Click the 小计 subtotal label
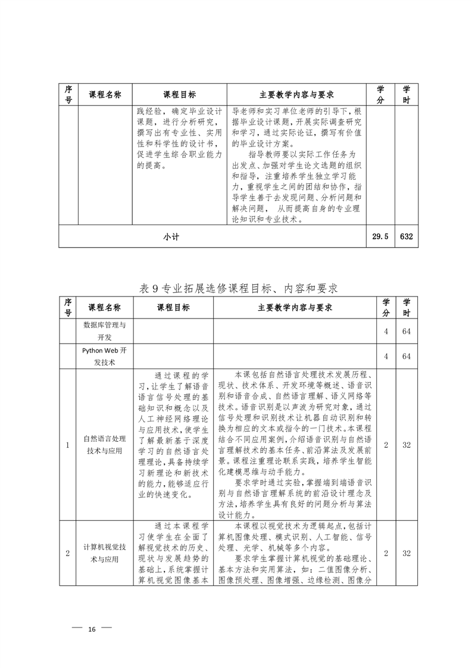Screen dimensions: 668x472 171,236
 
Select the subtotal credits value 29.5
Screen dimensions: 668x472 380,236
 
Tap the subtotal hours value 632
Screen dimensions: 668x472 407,236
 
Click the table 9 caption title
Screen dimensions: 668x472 238,288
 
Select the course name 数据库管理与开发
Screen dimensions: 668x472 104,331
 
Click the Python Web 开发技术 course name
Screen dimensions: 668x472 104,356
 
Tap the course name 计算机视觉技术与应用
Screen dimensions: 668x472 104,553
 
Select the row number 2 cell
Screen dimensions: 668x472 68,553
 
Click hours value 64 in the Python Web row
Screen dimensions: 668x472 407,356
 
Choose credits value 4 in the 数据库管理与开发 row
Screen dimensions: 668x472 386,331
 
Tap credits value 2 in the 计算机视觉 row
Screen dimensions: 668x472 386,553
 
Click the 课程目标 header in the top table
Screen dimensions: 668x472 179,95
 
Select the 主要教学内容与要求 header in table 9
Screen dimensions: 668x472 295,308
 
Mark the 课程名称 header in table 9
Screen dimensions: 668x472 104,308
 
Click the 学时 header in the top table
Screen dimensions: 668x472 407,95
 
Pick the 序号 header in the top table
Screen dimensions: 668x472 68,95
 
